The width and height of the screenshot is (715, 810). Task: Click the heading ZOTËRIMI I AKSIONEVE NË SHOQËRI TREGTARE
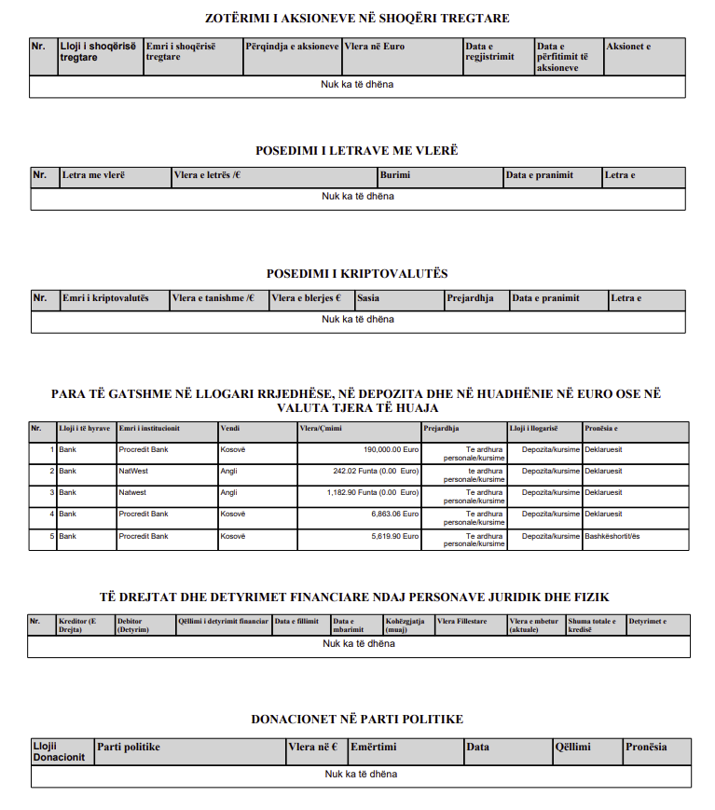tap(357, 19)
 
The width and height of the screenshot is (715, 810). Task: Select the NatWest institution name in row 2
tap(132, 471)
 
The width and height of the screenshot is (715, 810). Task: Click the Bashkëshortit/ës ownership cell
tap(612, 536)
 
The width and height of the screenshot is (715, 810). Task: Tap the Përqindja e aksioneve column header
tap(293, 46)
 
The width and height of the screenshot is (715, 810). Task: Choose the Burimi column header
tap(394, 175)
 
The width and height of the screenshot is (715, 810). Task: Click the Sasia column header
tap(368, 298)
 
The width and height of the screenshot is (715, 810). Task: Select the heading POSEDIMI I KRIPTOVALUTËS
tap(357, 274)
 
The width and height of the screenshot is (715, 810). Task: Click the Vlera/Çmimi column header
tap(320, 429)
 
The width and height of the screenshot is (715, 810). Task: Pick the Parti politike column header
tap(129, 747)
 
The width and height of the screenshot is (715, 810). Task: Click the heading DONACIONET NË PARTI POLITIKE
tap(357, 720)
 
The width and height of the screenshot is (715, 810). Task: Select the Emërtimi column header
tap(374, 747)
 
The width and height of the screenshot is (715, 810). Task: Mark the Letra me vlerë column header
tap(93, 175)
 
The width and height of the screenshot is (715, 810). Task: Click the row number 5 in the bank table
tap(51, 536)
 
